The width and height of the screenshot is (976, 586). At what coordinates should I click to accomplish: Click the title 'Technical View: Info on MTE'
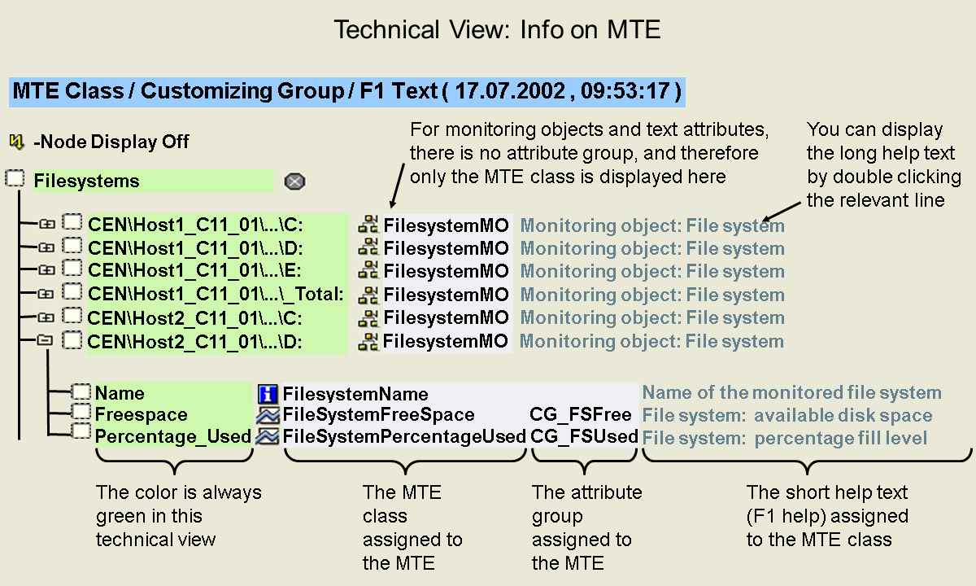point(497,29)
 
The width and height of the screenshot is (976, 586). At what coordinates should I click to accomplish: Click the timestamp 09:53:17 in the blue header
point(625,91)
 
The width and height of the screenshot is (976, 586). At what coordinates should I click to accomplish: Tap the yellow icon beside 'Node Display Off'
point(16,142)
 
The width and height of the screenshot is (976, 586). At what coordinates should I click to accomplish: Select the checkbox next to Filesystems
point(15,178)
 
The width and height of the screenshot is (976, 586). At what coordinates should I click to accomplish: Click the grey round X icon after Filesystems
point(294,181)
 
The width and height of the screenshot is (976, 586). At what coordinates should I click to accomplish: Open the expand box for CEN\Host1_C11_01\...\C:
point(46,224)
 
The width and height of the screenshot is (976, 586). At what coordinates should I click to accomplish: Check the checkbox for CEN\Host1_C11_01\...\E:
point(72,268)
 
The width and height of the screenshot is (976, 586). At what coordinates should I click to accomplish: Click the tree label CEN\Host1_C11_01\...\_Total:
point(216,294)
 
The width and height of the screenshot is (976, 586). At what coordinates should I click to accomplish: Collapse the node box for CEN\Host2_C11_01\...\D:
point(45,339)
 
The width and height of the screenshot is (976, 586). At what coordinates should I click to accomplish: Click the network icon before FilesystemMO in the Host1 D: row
point(368,247)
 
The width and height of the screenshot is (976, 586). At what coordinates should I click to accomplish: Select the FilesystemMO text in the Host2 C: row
point(446,317)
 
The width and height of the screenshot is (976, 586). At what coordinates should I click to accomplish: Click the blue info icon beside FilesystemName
point(268,394)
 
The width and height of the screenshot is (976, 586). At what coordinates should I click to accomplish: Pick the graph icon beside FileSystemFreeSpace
point(268,415)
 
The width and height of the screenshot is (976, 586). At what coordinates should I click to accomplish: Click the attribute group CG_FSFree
point(581,414)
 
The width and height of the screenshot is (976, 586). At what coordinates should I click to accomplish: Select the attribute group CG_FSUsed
point(584,436)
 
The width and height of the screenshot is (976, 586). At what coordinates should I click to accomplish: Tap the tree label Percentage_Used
point(173,437)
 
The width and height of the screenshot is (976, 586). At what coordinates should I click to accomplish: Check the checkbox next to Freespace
point(81,412)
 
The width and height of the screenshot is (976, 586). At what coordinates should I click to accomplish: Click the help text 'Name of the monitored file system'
point(791,392)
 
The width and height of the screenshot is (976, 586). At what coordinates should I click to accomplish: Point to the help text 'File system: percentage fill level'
point(785,438)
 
